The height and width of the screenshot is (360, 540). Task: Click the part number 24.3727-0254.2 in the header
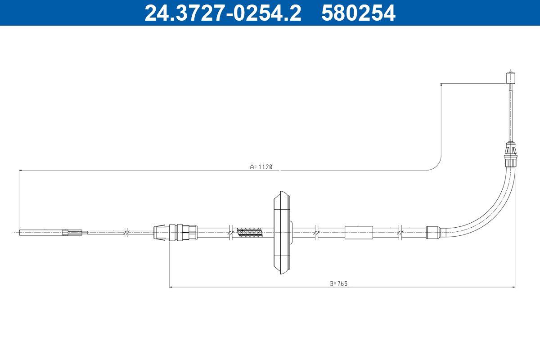223,13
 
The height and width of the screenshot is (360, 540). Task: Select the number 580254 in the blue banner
358,13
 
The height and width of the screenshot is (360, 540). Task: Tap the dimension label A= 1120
261,166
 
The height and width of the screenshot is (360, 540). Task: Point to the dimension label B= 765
339,283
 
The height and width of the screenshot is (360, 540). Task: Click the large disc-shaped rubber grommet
283,233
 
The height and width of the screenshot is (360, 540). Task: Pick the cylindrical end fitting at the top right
511,77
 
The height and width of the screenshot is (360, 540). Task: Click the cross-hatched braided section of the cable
249,233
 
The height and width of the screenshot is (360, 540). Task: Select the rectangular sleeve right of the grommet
359,233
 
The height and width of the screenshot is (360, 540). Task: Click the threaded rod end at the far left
41,233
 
